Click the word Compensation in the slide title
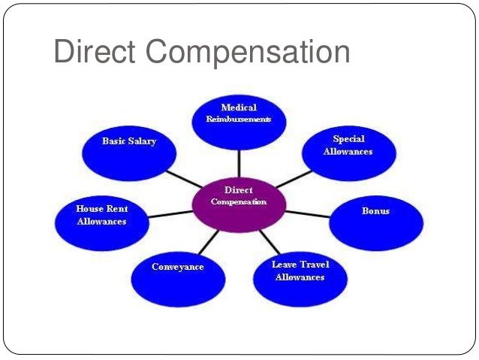point(248,55)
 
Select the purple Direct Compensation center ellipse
point(238,198)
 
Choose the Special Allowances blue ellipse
point(348,148)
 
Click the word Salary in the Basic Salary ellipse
point(143,141)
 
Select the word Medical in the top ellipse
point(238,108)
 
